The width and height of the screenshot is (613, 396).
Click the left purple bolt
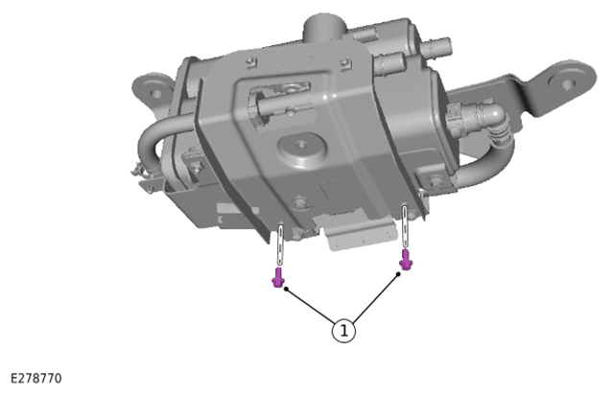(x=278, y=277)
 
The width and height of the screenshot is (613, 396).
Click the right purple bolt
(x=406, y=260)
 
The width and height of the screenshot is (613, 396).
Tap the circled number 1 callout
(x=343, y=331)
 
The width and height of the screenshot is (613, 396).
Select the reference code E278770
(x=35, y=379)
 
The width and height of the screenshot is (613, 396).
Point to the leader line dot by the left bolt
(x=286, y=289)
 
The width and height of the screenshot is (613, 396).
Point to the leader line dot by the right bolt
(x=398, y=274)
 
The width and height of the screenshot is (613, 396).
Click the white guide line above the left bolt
(x=280, y=245)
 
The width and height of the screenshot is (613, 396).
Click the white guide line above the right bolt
(x=405, y=226)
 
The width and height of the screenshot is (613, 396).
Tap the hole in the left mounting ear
(x=155, y=94)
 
